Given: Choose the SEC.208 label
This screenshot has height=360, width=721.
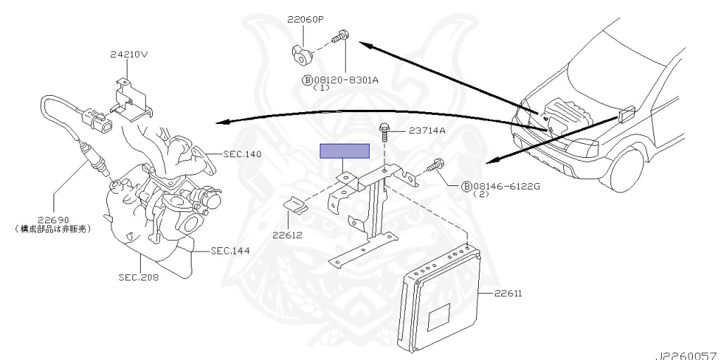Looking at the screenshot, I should tap(139, 277).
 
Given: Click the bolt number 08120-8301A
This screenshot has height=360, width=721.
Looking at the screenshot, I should tap(346, 80).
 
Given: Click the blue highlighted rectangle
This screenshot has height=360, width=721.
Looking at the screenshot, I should tap(345, 151).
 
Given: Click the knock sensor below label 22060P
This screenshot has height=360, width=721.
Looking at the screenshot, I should tap(304, 51).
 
